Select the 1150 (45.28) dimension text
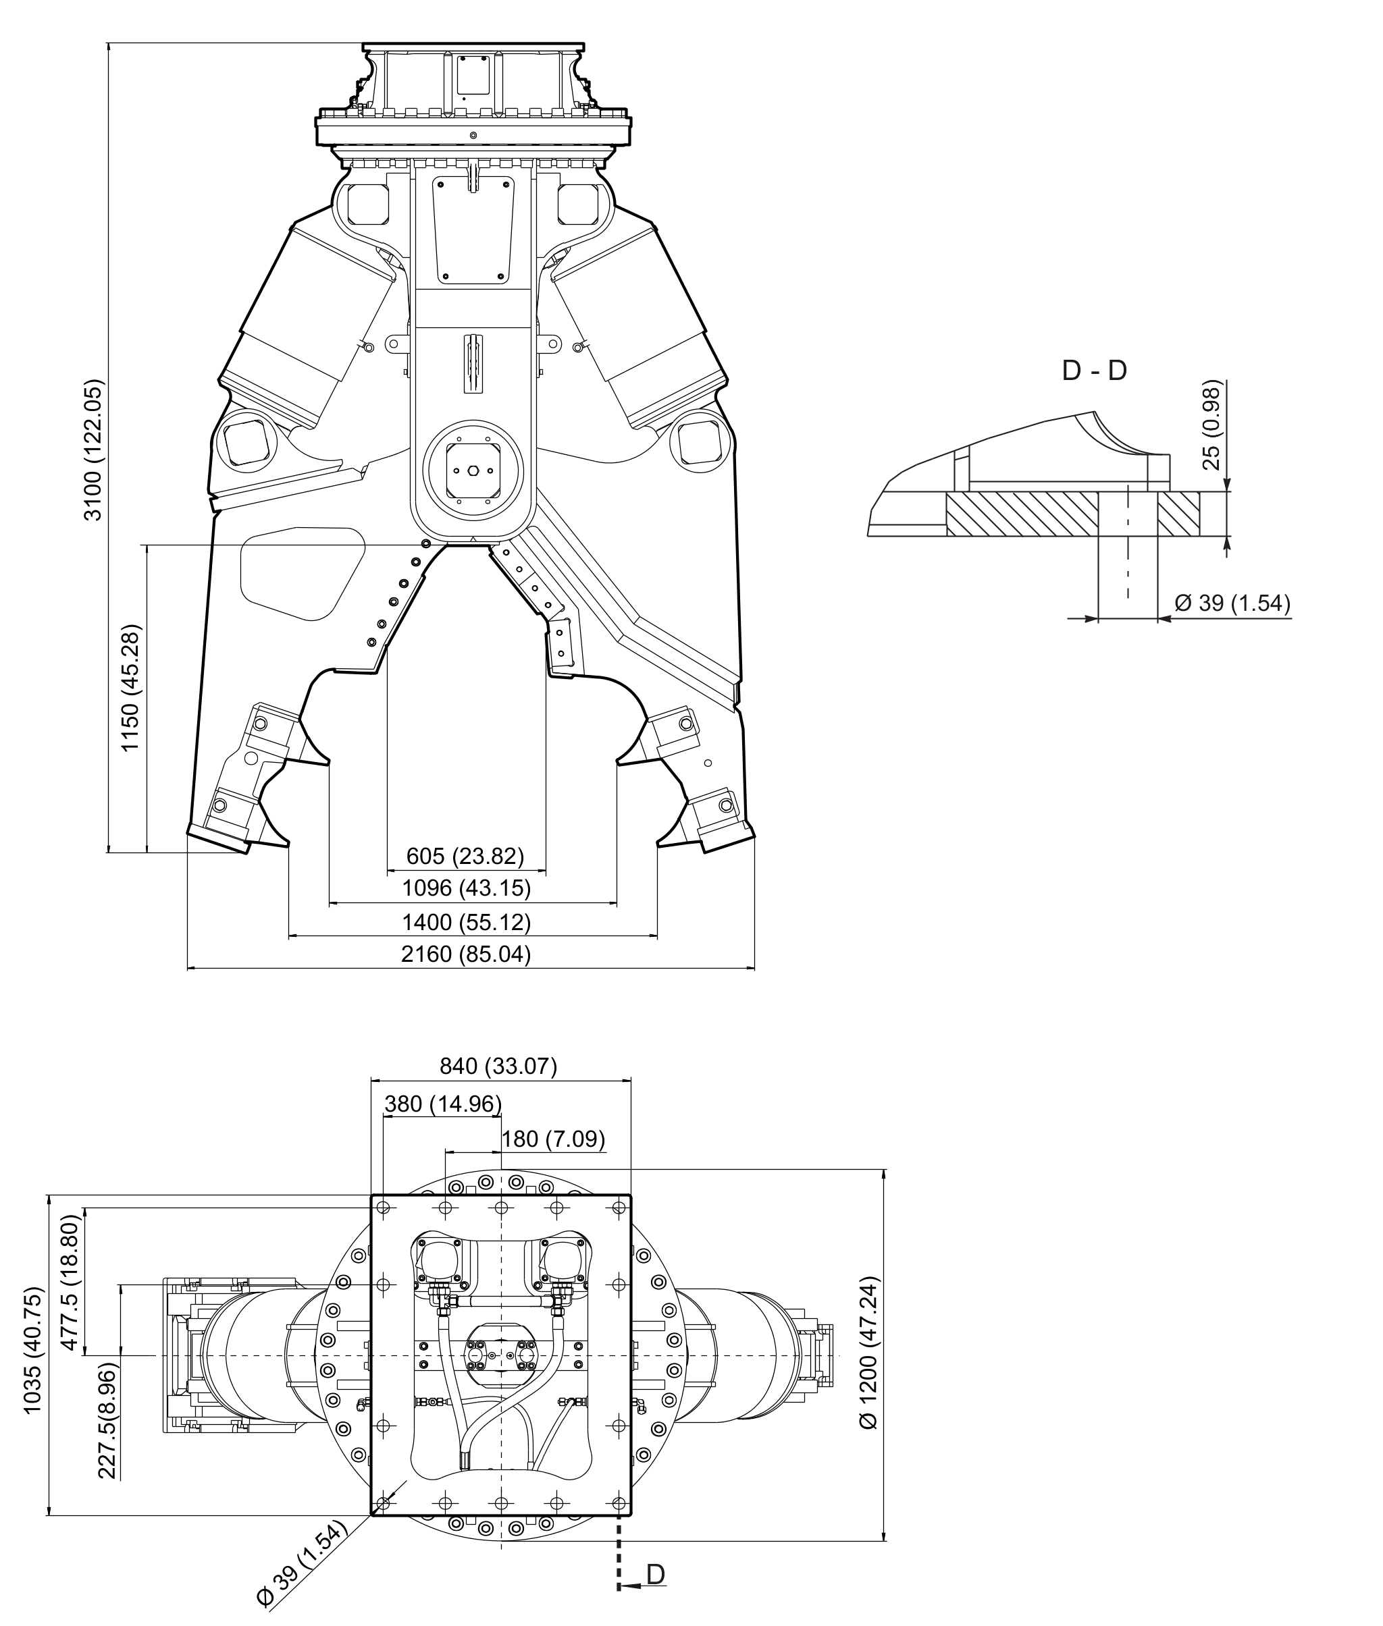(x=130, y=688)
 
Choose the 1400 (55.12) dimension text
(x=467, y=921)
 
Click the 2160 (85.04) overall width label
(x=466, y=954)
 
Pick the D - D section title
(x=1094, y=370)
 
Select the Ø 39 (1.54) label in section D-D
(x=1232, y=603)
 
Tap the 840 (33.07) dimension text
(x=498, y=1066)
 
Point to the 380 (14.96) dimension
(x=443, y=1104)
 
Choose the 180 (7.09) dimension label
(x=554, y=1139)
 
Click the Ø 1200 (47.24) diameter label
(x=870, y=1353)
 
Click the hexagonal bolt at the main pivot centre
(x=473, y=470)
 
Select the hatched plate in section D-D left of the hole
(x=1022, y=514)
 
